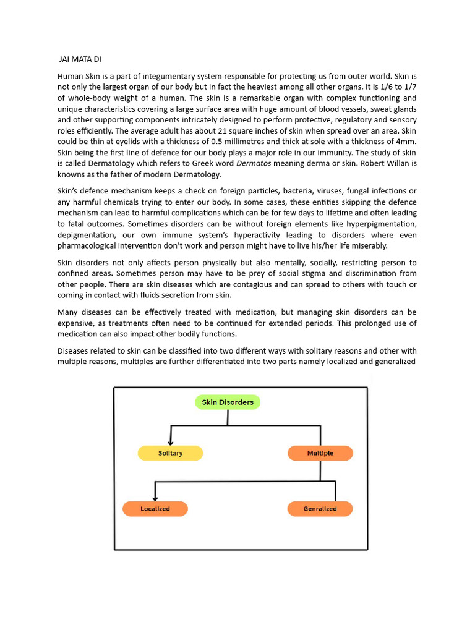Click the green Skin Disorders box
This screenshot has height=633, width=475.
[x=228, y=402]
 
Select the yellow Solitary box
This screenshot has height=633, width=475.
[x=170, y=453]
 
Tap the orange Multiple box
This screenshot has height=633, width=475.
[x=320, y=453]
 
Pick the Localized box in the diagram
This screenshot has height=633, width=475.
[x=155, y=509]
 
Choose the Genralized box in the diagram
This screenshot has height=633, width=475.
[x=320, y=509]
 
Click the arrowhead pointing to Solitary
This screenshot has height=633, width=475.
[x=171, y=441]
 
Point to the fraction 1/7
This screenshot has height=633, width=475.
[x=408, y=87]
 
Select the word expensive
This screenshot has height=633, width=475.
[x=77, y=323]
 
